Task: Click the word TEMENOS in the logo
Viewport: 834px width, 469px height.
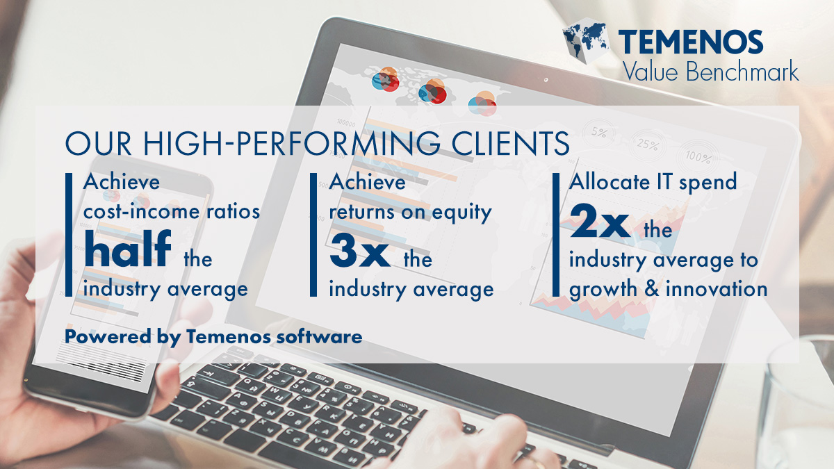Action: click(690, 42)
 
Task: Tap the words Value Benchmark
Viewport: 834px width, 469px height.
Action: click(710, 70)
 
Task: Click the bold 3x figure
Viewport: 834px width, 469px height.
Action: click(359, 252)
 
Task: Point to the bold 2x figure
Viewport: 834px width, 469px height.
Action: click(600, 221)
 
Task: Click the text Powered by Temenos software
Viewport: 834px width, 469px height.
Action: click(213, 337)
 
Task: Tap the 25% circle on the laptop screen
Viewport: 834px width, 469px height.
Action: click(648, 145)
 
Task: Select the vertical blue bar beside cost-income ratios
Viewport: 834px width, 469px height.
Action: click(69, 235)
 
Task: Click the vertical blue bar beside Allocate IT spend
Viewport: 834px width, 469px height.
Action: click(556, 235)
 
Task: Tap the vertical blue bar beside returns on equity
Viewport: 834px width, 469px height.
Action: click(313, 235)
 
